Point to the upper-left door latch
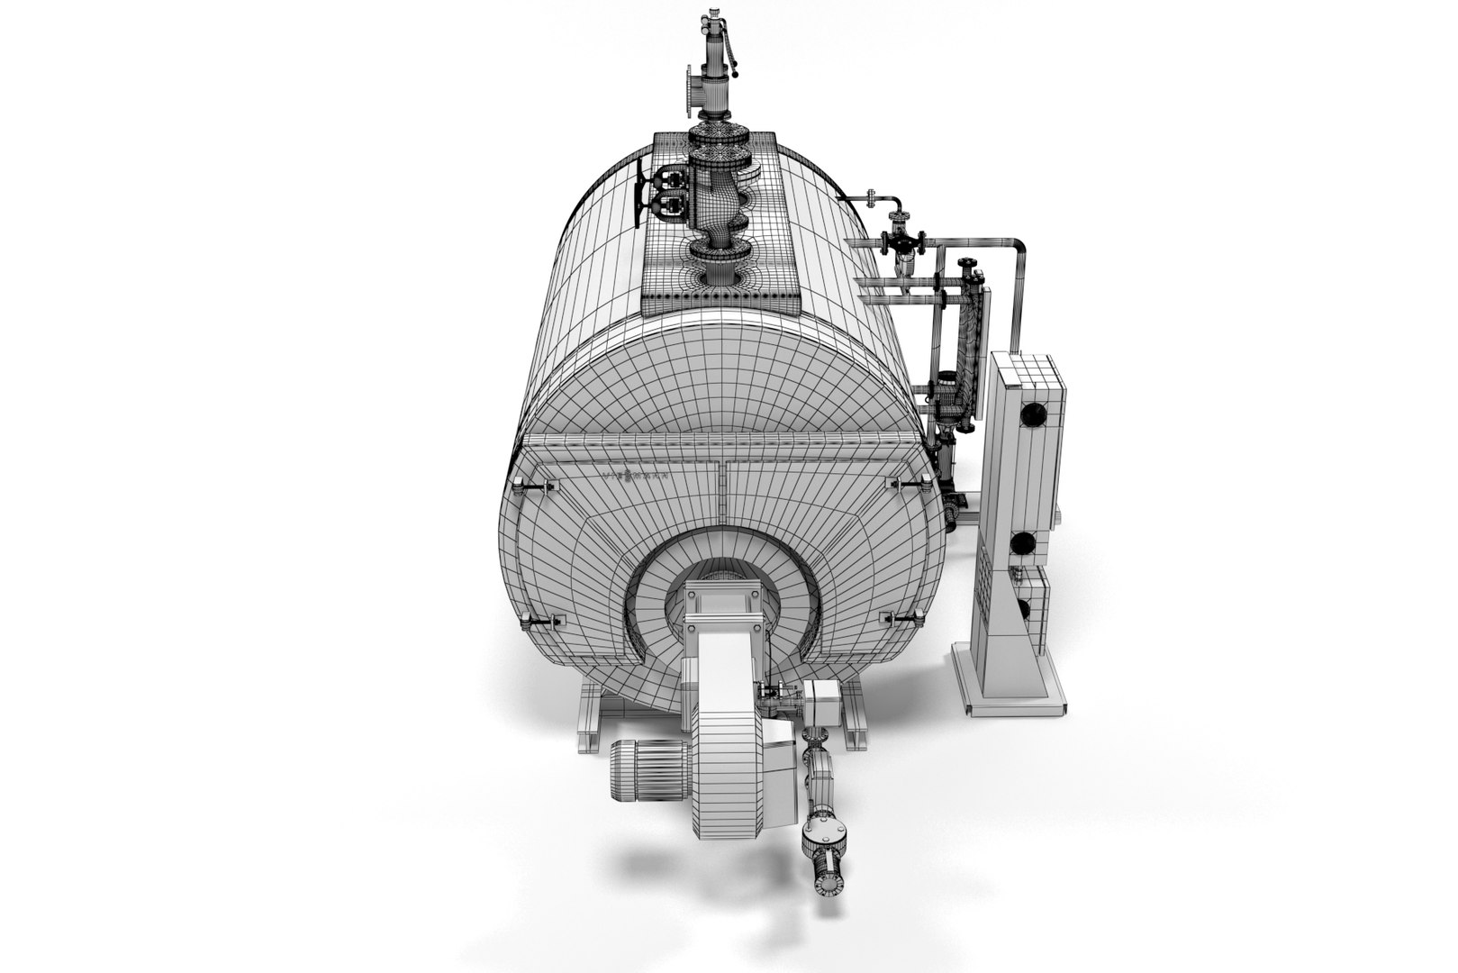coord(534,486)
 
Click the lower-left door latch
coord(544,622)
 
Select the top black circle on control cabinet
coord(1032,415)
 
